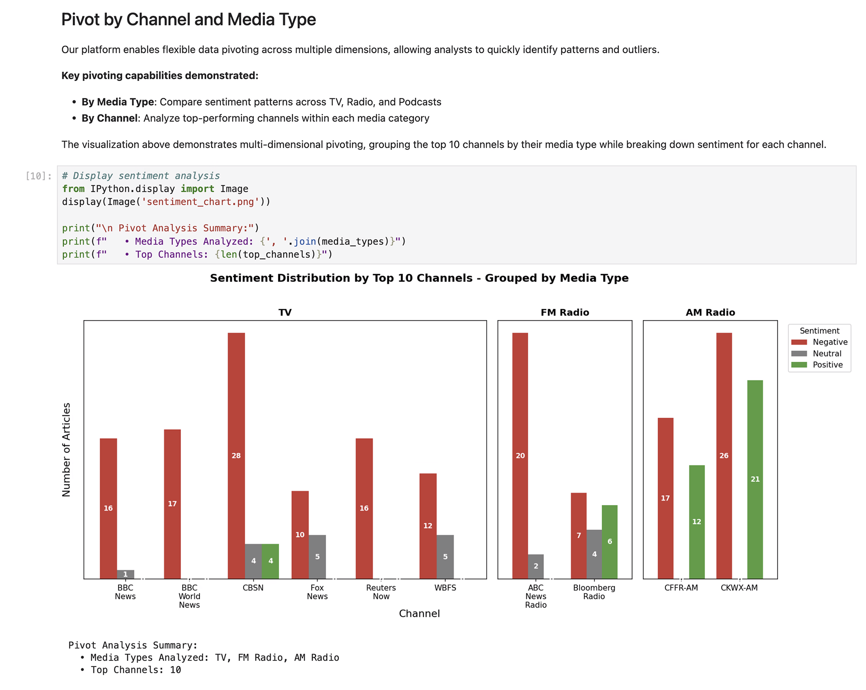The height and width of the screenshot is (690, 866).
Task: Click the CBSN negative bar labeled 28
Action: pyautogui.click(x=236, y=455)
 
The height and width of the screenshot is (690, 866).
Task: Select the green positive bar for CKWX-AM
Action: pyautogui.click(x=755, y=479)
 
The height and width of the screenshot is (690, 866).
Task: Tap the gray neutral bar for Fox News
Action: pyautogui.click(x=317, y=557)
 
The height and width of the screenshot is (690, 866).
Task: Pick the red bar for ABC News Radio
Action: pyautogui.click(x=520, y=455)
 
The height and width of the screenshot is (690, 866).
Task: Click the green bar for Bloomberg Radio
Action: pyautogui.click(x=609, y=541)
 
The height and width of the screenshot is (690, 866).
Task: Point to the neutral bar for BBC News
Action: pyautogui.click(x=125, y=574)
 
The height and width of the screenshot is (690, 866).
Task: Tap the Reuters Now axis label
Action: pyautogui.click(x=381, y=592)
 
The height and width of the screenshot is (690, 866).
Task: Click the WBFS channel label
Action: pyautogui.click(x=445, y=588)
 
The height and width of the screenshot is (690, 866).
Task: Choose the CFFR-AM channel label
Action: pyautogui.click(x=681, y=588)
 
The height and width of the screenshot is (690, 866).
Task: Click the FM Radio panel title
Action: pyautogui.click(x=565, y=312)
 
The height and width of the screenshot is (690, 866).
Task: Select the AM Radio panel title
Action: pyautogui.click(x=710, y=312)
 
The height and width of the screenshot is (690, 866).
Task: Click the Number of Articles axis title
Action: pyautogui.click(x=66, y=450)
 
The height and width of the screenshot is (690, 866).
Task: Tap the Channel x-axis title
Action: pyautogui.click(x=419, y=613)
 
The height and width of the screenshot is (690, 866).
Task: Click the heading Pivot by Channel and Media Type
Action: pyautogui.click(x=189, y=19)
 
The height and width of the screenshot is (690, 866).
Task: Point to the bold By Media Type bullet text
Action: pyautogui.click(x=118, y=102)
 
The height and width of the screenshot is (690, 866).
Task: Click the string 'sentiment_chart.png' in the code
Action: pyautogui.click(x=201, y=202)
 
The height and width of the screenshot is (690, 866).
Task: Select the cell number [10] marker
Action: pyautogui.click(x=38, y=176)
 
